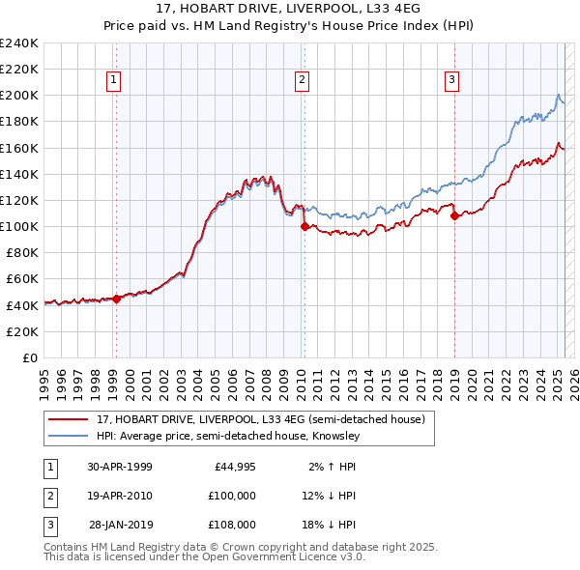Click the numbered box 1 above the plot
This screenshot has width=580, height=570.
click(114, 80)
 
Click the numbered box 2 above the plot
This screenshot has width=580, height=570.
click(303, 80)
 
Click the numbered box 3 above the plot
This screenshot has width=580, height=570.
click(452, 80)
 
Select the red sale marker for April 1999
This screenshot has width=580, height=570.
click(116, 299)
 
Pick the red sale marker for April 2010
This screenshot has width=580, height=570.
click(304, 227)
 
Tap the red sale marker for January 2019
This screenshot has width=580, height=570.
click(454, 216)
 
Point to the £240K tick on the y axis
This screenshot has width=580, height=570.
click(19, 43)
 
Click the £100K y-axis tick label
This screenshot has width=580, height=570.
click(19, 226)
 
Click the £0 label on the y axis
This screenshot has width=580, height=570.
click(30, 357)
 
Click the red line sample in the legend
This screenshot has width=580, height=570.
click(68, 419)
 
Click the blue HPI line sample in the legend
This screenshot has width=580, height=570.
click(68, 436)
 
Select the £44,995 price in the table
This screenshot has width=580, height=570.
click(233, 467)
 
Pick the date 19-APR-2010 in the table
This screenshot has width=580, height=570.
click(119, 496)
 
